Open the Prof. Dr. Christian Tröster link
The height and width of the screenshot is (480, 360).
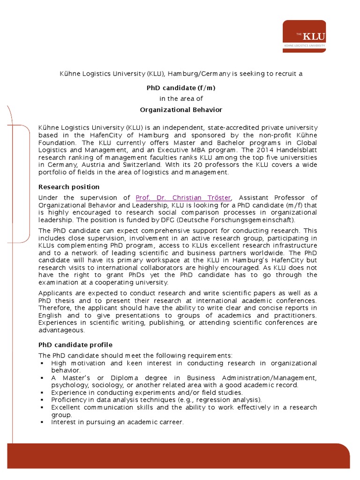click(x=184, y=198)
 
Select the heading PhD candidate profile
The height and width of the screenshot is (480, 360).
click(x=75, y=345)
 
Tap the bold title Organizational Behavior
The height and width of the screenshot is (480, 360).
click(x=181, y=110)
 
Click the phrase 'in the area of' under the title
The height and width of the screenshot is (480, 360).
click(x=181, y=98)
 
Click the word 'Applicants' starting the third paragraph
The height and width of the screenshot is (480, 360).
click(x=55, y=293)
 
